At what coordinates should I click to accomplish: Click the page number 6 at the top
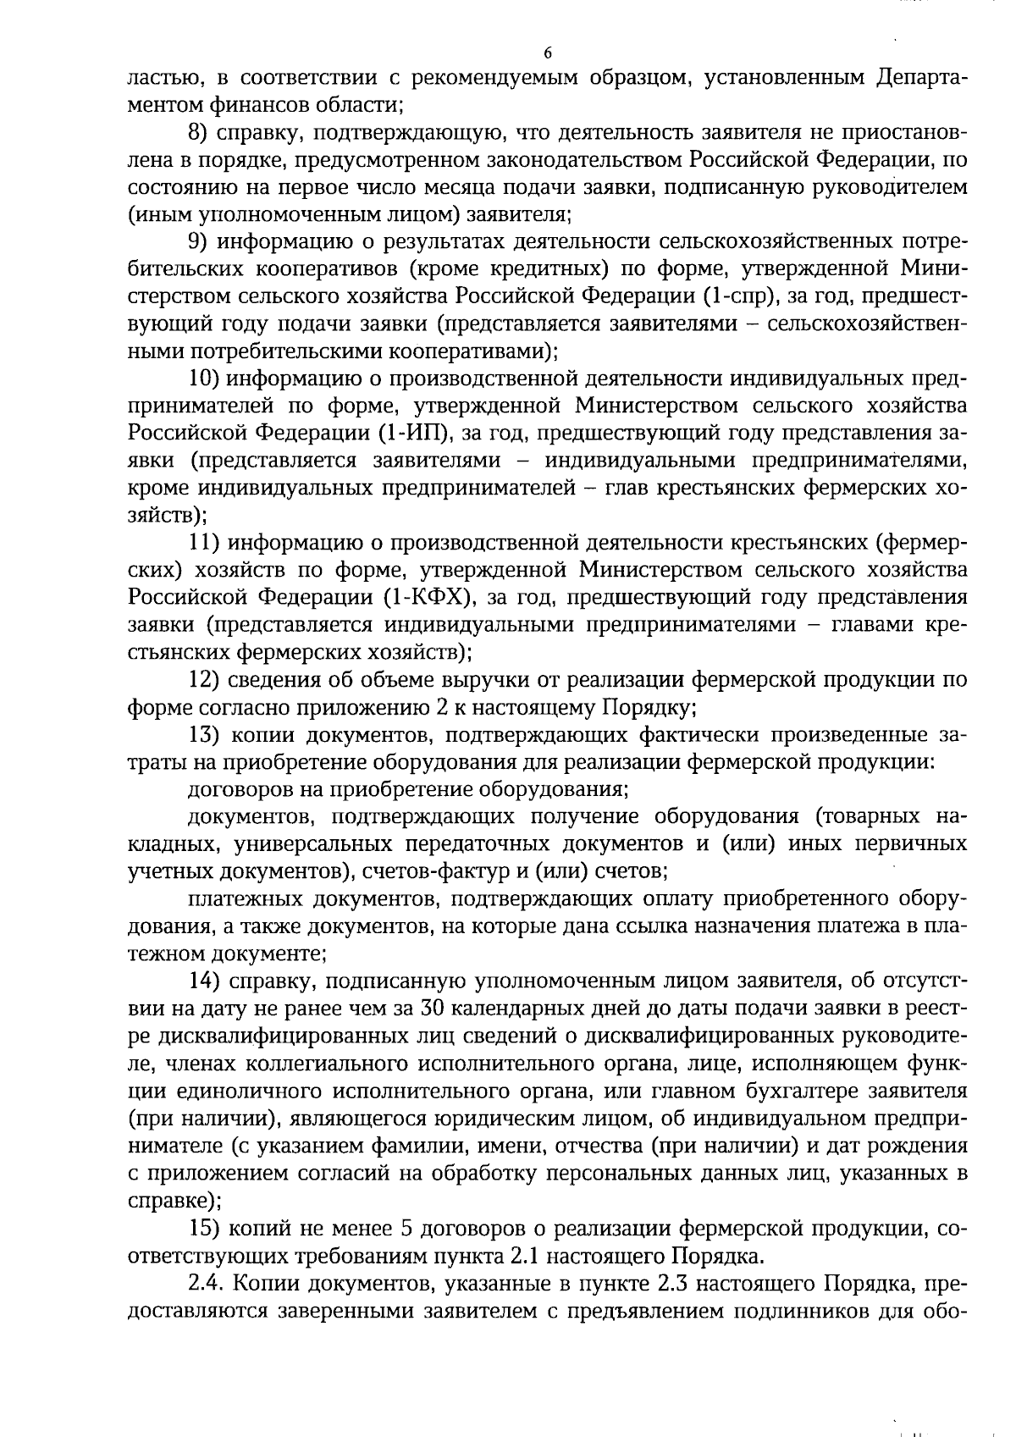point(548,53)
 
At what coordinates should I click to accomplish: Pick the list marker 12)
point(204,679)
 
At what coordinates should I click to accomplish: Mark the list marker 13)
point(204,734)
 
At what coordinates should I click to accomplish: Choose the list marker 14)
point(204,981)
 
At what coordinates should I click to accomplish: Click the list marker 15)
point(204,1229)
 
